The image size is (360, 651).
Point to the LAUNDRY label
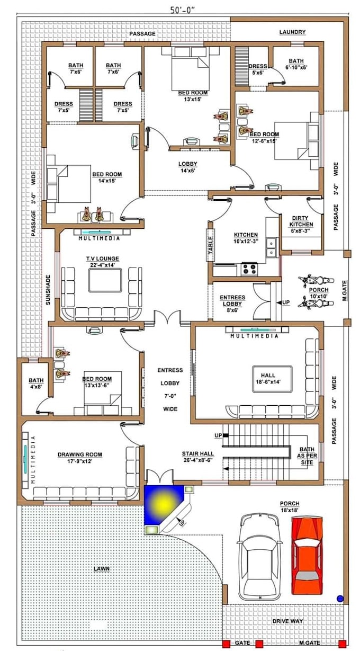292,32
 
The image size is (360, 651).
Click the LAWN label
101,569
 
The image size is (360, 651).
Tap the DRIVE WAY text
287,621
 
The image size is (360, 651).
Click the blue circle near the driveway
340,598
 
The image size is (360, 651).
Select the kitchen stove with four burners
249,269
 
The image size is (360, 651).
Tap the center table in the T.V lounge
105,280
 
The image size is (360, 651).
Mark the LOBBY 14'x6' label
187,168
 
